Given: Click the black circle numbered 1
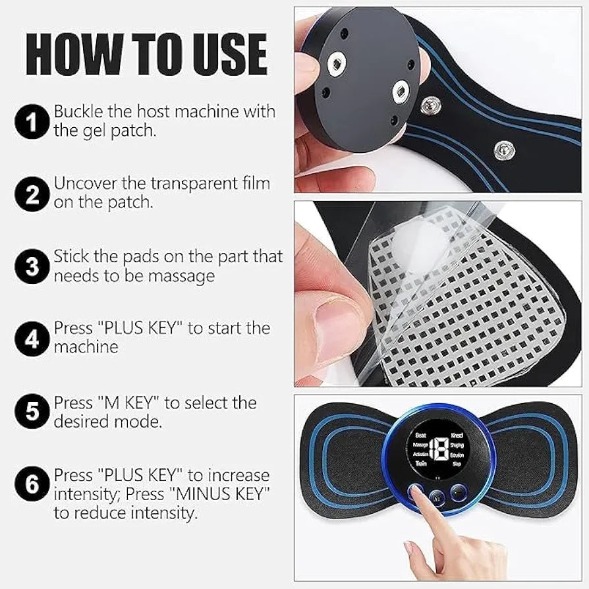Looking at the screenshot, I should coord(33,121).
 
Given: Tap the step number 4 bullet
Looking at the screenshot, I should coord(33,337).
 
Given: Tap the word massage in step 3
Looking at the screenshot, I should coord(181,275).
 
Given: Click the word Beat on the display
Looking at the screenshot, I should coord(420,435).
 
